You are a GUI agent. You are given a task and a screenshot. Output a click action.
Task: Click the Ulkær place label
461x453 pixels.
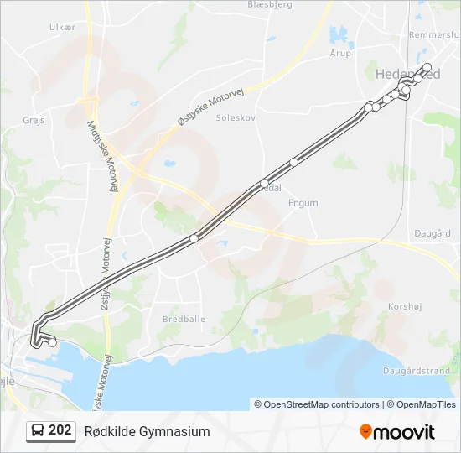pos(62,28)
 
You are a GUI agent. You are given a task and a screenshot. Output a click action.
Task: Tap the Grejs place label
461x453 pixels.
pos(34,121)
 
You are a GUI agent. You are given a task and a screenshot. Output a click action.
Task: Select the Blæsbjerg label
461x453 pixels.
pos(269,4)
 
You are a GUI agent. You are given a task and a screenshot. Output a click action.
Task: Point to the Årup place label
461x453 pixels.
pos(340,53)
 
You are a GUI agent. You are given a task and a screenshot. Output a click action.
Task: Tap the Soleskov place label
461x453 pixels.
pos(235,118)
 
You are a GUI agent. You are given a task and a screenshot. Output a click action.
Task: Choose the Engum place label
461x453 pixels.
pos(303,203)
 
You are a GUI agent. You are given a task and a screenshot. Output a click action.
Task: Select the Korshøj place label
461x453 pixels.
pos(406,307)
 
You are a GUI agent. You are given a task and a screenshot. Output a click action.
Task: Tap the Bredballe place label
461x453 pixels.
pos(184,320)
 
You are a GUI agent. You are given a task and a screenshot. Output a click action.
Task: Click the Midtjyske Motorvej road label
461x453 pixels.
pos(101,154)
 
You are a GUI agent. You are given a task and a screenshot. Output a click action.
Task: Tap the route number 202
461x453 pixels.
pos(60,431)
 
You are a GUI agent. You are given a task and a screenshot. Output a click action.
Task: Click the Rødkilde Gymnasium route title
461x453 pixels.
pos(147,431)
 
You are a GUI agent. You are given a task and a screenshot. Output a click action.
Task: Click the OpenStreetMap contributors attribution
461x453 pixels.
pos(317,404)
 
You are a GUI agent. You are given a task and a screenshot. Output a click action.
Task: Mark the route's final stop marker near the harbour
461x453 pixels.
pos(53,342)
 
